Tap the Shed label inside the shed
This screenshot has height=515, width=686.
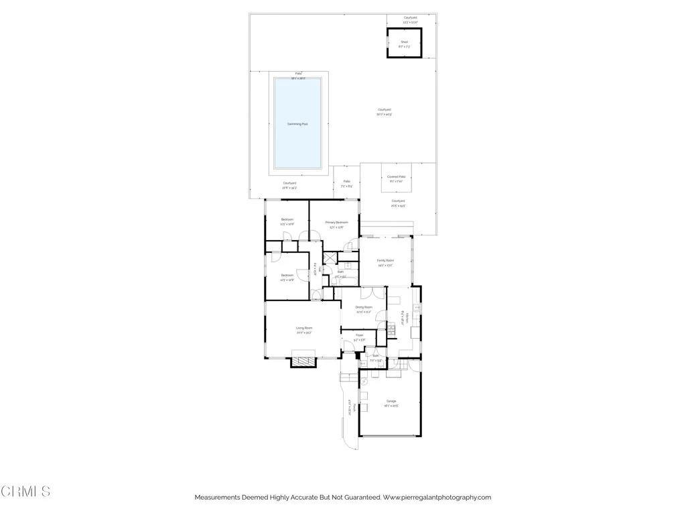[404, 42]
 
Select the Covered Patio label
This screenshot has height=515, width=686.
[397, 176]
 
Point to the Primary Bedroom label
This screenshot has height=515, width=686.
[336, 223]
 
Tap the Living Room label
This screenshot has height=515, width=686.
[304, 328]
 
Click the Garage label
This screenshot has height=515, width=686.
[391, 401]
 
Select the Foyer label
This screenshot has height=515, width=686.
[359, 335]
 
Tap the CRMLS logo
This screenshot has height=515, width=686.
[25, 492]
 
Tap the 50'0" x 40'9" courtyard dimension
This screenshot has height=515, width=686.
[384, 115]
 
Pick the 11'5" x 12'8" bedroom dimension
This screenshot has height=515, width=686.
[287, 280]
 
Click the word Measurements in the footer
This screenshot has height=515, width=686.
[218, 498]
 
